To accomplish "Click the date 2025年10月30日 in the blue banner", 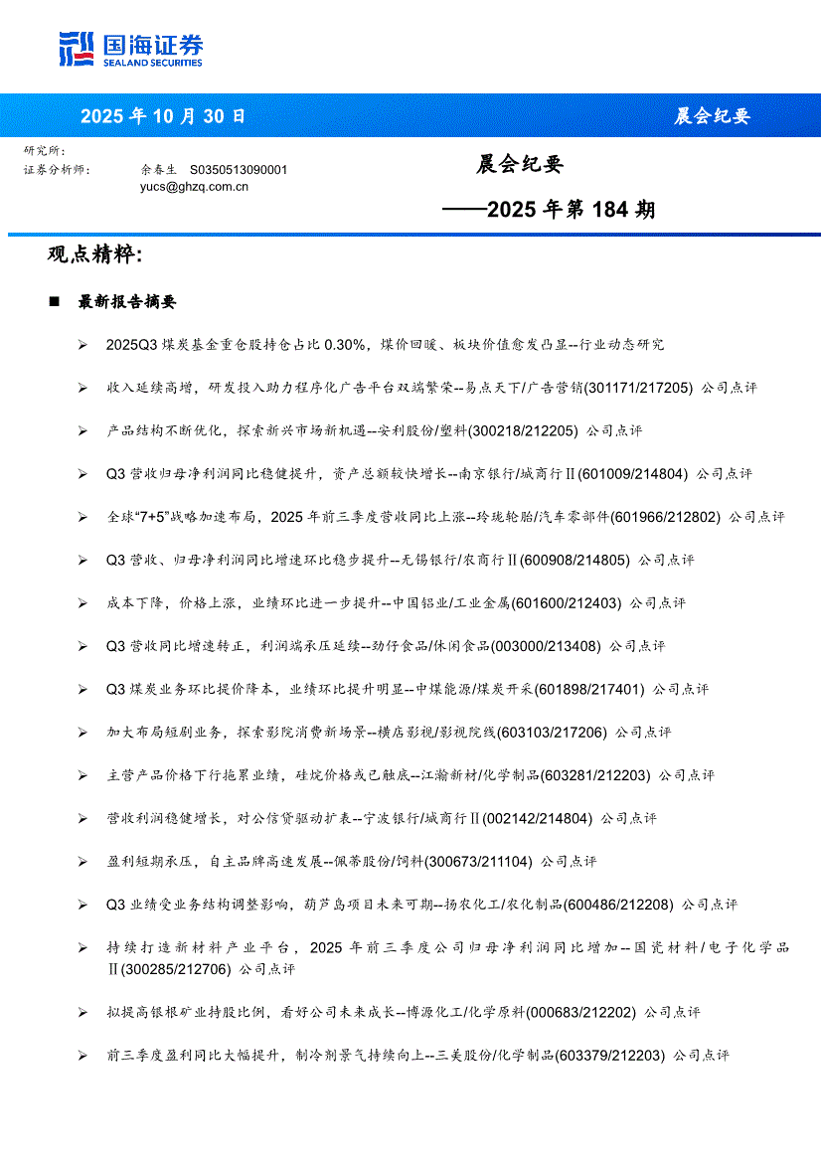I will pyautogui.click(x=162, y=116).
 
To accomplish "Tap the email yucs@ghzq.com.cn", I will pyautogui.click(x=194, y=186).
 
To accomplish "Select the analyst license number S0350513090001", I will pyautogui.click(x=238, y=170).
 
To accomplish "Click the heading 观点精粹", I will pyautogui.click(x=94, y=254).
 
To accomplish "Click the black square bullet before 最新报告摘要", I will pyautogui.click(x=55, y=302).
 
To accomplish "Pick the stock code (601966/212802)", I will pyautogui.click(x=665, y=517).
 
